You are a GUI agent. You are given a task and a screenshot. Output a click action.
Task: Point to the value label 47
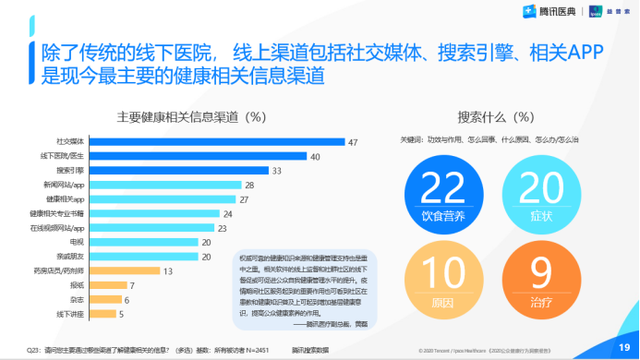click(x=353, y=142)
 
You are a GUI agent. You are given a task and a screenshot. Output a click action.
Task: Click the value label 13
click(x=167, y=270)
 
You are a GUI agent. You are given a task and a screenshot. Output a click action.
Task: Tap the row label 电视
click(x=77, y=242)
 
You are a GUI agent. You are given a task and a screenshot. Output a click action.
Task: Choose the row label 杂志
click(x=77, y=299)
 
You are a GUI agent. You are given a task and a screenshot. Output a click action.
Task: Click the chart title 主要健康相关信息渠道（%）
click(x=189, y=114)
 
